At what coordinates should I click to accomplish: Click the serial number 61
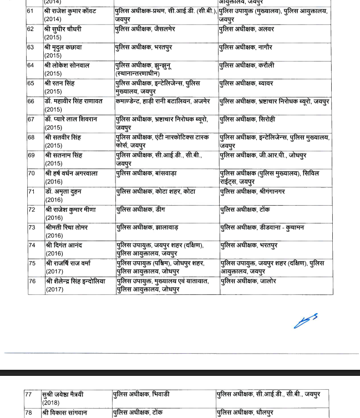tap(31, 11)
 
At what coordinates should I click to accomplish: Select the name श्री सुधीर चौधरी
tap(64, 29)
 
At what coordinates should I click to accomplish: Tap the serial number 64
tap(31, 65)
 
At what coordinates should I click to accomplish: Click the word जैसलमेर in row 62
tap(164, 29)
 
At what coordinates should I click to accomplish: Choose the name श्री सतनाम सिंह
tap(63, 156)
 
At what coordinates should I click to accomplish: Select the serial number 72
tap(31, 210)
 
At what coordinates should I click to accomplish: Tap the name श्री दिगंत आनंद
tap(64, 246)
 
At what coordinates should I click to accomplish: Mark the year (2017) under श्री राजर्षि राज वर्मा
tap(54, 271)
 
